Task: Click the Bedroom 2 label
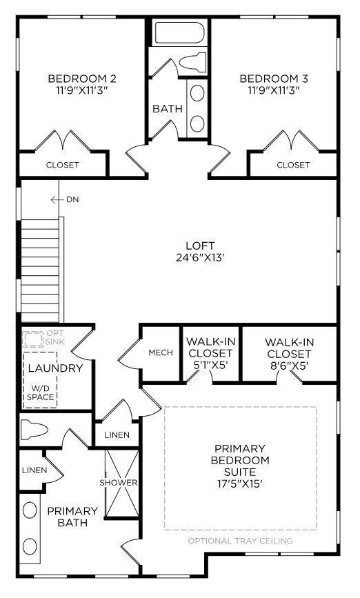[81, 78]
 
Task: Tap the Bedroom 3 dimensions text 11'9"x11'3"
[274, 90]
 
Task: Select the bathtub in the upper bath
[178, 33]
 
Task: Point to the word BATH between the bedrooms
[166, 108]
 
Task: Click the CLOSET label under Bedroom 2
[62, 165]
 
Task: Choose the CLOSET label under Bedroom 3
[293, 165]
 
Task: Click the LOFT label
[200, 246]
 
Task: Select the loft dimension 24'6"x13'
[200, 258]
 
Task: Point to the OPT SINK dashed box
[32, 339]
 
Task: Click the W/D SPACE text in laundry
[41, 392]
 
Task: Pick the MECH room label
[161, 353]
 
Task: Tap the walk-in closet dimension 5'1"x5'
[210, 366]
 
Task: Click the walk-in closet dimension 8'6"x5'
[290, 366]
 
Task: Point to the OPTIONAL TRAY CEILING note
[240, 541]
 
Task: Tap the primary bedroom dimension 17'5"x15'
[241, 484]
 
